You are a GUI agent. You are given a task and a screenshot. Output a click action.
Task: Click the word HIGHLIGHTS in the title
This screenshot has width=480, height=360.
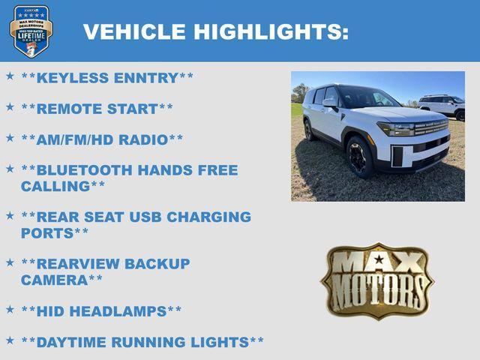pyautogui.click(x=271, y=31)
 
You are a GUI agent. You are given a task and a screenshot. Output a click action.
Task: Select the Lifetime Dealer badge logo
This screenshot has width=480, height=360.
pyautogui.click(x=31, y=31)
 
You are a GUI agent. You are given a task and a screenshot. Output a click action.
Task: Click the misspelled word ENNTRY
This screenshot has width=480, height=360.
pyautogui.click(x=146, y=78)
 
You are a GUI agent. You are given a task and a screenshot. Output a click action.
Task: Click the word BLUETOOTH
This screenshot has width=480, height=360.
pyautogui.click(x=84, y=170)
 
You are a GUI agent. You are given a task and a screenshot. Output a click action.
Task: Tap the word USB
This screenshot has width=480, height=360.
pyautogui.click(x=145, y=217)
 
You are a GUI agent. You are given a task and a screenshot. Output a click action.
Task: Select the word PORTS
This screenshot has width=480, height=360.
pyautogui.click(x=47, y=233)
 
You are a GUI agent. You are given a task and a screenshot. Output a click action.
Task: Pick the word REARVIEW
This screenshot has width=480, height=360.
pyautogui.click(x=77, y=264)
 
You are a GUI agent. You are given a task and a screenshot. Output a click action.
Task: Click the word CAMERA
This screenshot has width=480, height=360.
pyautogui.click(x=55, y=280)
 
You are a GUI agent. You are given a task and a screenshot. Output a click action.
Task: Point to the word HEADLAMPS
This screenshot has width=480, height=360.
pyautogui.click(x=118, y=312)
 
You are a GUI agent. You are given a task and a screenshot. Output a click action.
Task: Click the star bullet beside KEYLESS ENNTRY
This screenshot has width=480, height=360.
pyautogui.click(x=10, y=76)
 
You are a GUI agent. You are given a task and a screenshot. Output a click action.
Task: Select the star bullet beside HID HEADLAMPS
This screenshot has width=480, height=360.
pyautogui.click(x=10, y=309)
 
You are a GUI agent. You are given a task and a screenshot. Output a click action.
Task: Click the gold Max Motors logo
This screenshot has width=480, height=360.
pyautogui.click(x=377, y=281)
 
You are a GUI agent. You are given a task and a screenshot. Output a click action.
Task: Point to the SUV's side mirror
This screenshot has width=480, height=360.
pyautogui.click(x=330, y=103)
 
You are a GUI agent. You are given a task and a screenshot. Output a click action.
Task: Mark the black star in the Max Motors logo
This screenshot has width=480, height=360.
pyautogui.click(x=379, y=259)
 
